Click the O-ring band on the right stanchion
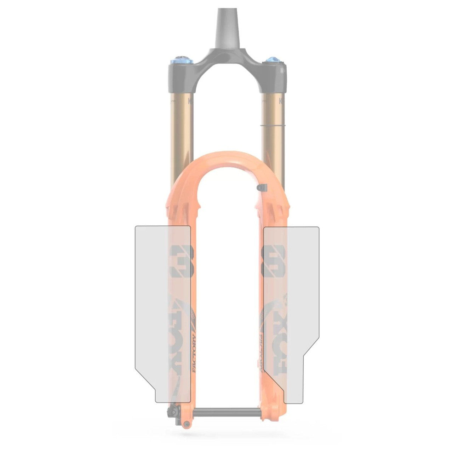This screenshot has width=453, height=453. pos(272,125)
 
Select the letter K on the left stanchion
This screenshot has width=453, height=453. pos(191,101)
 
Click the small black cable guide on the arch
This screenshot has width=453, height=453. pos(261,187)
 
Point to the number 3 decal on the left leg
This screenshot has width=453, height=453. pos(182,261)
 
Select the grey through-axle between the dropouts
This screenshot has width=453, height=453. pos(226,412)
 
